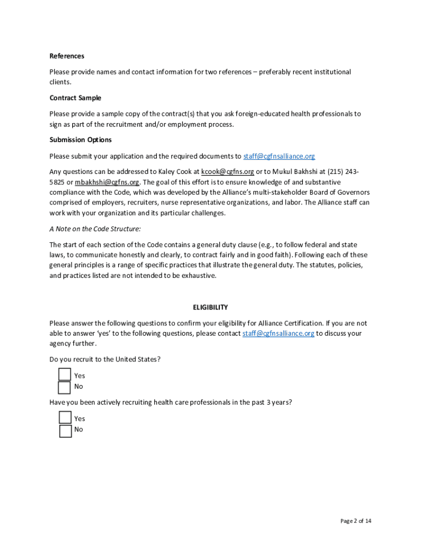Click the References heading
pyautogui.click(x=67, y=56)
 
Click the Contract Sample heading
pyautogui.click(x=75, y=98)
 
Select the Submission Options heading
pyautogui.click(x=80, y=139)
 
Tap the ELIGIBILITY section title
pyautogui.click(x=210, y=307)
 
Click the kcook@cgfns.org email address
pyautogui.click(x=227, y=171)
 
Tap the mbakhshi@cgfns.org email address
pyautogui.click(x=107, y=182)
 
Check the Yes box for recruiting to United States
pyautogui.click(x=65, y=375)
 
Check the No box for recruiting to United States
pyautogui.click(x=65, y=387)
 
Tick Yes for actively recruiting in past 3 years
pyautogui.click(x=65, y=418)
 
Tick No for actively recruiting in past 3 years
pyautogui.click(x=65, y=430)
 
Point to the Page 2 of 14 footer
pyautogui.click(x=355, y=521)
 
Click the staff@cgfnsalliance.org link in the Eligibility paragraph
pyautogui.click(x=278, y=334)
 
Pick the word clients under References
pyautogui.click(x=60, y=83)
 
